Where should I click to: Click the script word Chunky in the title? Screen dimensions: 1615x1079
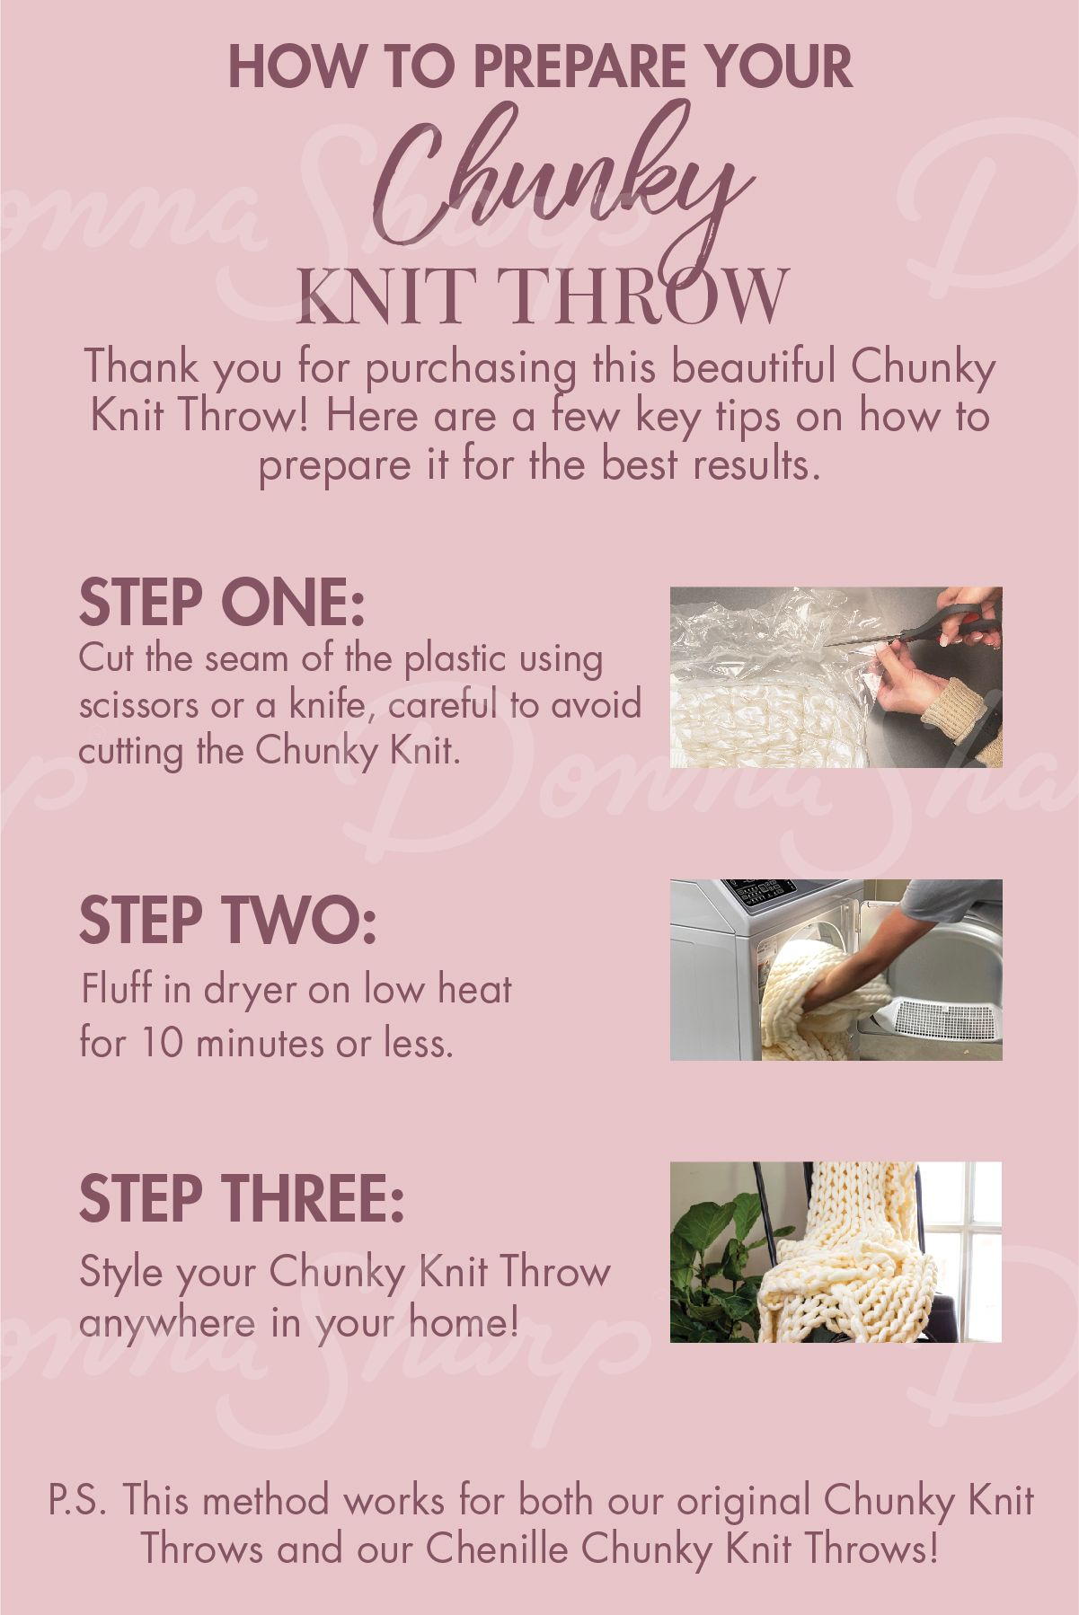coord(557,184)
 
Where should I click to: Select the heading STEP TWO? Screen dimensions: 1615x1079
coord(227,920)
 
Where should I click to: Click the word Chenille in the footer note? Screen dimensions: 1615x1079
coord(499,1549)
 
